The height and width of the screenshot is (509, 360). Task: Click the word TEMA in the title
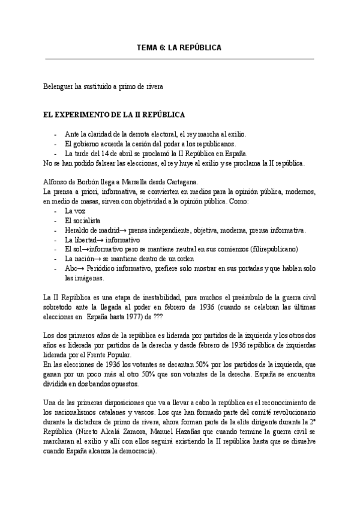[x=147, y=47]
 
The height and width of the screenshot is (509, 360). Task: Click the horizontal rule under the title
[x=179, y=59]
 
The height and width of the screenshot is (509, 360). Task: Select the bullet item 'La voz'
[x=74, y=211]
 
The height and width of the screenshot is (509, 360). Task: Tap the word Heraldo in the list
[x=78, y=230]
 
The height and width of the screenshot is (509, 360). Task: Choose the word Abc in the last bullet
[x=71, y=269]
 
